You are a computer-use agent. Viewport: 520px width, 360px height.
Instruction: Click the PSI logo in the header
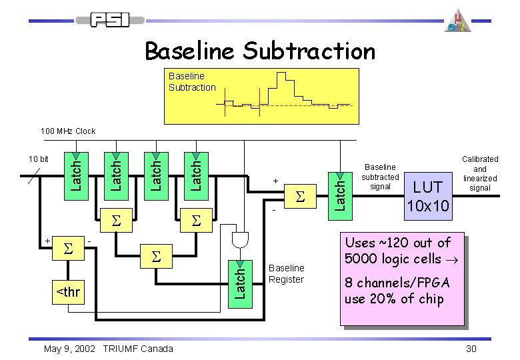[110, 21]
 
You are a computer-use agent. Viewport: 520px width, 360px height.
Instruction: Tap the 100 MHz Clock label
[68, 131]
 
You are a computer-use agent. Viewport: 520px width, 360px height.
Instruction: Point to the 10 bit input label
[38, 159]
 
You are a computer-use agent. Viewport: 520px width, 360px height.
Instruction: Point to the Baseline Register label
[285, 274]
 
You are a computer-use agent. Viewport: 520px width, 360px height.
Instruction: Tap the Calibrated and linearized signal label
[480, 174]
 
